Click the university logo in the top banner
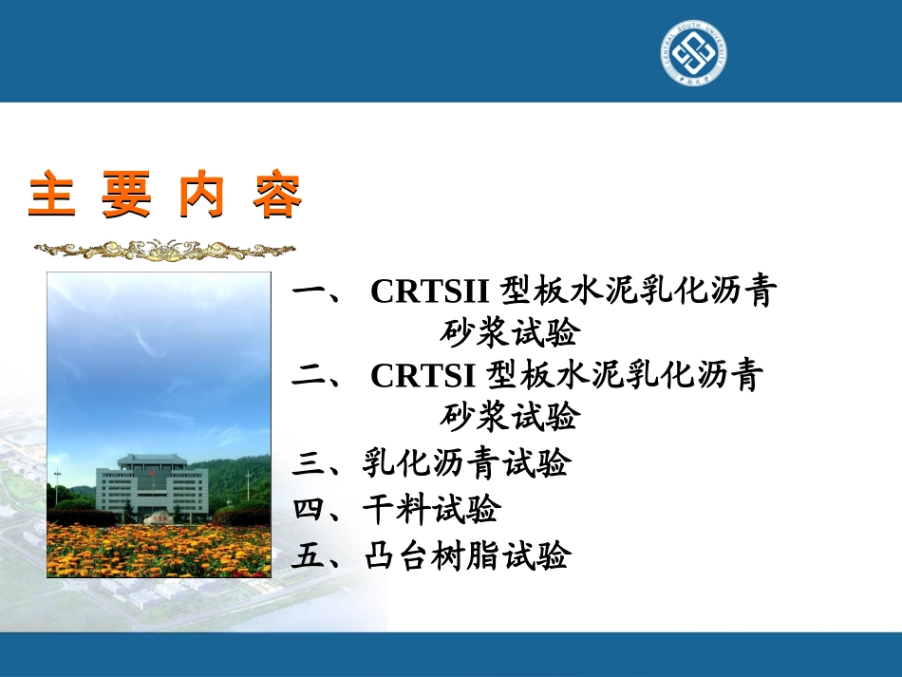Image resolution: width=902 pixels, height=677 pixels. coord(694,52)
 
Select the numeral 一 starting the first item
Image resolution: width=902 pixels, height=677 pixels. coord(310,292)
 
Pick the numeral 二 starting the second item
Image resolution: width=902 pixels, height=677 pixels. coord(310,376)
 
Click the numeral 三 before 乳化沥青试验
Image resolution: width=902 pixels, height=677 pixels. coord(310,464)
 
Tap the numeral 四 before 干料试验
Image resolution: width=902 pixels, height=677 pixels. coord(310,510)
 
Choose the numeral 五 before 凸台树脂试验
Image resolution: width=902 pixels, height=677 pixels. coord(310,555)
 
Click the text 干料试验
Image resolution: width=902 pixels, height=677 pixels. coord(431,510)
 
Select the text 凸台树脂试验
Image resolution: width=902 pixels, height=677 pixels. coord(466,555)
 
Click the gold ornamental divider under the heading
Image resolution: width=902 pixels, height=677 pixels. coord(164,250)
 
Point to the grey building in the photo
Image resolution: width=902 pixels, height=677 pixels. coord(152,487)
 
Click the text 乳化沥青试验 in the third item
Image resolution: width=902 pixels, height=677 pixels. coord(466,464)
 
